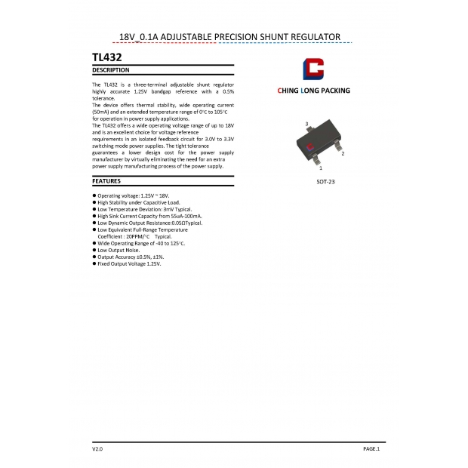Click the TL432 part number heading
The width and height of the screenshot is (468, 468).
coord(106,57)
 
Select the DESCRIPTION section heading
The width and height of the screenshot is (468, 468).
coord(110,70)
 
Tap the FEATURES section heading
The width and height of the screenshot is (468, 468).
coord(106,181)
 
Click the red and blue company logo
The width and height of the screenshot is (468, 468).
coord(313,69)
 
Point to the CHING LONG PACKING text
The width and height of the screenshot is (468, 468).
coord(314,91)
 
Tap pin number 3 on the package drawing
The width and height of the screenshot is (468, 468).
coord(306,123)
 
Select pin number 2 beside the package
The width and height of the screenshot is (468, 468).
coord(343,153)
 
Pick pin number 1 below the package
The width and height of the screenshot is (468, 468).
coord(321,168)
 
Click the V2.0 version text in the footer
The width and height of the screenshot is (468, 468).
coord(97,449)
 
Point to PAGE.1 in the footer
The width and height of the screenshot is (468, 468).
coord(371,449)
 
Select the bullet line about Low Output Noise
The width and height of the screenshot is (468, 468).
coord(119,251)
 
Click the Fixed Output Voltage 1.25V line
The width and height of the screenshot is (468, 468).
coord(129,264)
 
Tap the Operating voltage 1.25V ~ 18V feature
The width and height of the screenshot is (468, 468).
coord(133,196)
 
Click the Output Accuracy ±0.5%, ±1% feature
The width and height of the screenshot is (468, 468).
coord(131,257)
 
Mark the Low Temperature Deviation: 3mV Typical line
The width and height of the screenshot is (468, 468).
coord(137,209)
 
